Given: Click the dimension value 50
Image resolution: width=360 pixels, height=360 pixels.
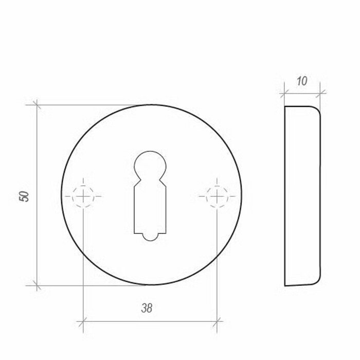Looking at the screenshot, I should click(24, 195).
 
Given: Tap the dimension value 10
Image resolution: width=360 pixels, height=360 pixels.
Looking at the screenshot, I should click(302, 81).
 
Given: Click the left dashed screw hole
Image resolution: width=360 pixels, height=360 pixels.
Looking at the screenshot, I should click(83, 196).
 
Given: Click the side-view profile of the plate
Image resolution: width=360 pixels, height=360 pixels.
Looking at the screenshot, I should click(302, 196).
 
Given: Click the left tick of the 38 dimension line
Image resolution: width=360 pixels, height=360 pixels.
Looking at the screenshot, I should click(83, 322).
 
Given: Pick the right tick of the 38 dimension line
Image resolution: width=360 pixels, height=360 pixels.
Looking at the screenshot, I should click(217, 322).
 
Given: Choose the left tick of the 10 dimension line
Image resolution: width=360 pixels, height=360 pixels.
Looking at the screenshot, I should click(284, 93).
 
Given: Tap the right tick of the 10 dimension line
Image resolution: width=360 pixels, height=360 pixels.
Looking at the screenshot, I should click(320, 93).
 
